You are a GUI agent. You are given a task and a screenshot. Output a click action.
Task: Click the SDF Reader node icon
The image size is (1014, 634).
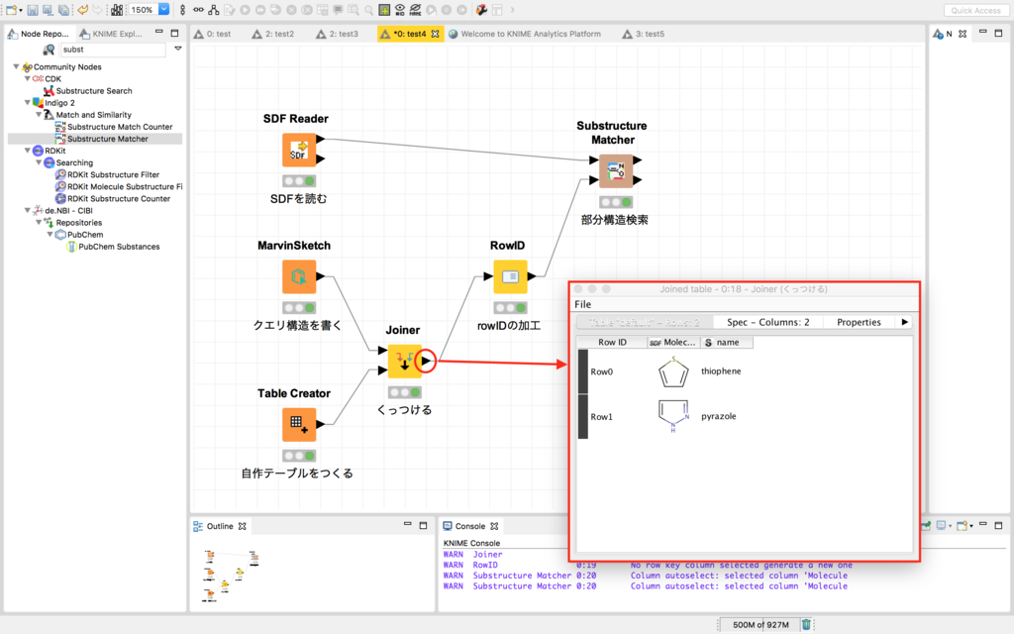click(299, 151)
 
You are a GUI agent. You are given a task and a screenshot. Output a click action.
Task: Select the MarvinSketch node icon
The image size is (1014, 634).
click(299, 277)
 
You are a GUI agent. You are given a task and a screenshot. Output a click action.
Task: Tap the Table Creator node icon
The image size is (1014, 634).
click(299, 425)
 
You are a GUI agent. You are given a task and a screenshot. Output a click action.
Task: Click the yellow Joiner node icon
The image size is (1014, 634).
click(404, 362)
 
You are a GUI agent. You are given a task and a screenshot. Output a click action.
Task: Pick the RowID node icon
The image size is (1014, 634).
click(510, 277)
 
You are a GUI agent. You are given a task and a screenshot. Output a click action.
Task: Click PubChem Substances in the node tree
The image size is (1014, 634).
click(119, 247)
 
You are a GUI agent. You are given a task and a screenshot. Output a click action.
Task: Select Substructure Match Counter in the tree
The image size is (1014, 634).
click(120, 127)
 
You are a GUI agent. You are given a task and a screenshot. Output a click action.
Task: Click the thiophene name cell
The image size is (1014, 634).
click(721, 371)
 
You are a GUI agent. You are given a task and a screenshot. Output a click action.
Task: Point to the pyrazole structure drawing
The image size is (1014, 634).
click(673, 416)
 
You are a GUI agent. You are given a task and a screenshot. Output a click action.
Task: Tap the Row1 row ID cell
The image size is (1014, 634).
click(602, 417)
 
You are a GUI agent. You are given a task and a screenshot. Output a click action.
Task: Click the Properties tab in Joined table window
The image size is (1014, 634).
click(859, 322)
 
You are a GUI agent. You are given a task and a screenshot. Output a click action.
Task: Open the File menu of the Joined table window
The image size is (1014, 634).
click(583, 304)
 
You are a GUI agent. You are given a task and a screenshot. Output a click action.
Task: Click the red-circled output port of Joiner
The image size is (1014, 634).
click(426, 362)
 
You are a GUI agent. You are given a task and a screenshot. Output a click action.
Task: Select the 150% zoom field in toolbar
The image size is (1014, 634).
click(142, 10)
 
